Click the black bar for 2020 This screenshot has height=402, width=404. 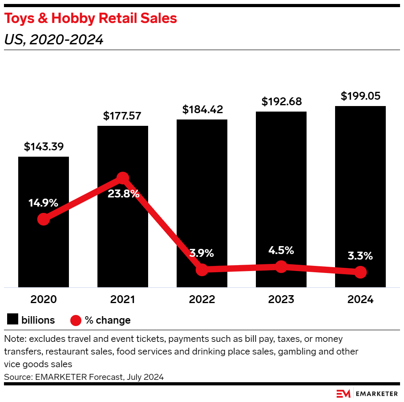pos(44,253)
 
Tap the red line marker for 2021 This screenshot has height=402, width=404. pos(123,178)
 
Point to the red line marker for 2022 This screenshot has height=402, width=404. pos(202,270)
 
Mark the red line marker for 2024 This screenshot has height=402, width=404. pos(360,272)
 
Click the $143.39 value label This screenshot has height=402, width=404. pos(44,147)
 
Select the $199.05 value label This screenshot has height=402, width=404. pos(360,96)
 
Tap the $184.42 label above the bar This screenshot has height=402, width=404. pos(202,110)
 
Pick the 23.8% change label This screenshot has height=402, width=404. pos(123,194)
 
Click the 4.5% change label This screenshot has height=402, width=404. pos(281,250)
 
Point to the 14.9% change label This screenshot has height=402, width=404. pos(43,203)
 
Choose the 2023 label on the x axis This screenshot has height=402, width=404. pos(281,300)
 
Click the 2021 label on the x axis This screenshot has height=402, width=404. pos(123,300)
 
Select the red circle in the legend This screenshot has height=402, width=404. pos(76,320)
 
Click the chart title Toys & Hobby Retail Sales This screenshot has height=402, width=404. pos(91,18)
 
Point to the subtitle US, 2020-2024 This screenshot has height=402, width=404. pos(54,40)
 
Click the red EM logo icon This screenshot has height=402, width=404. pos(343,394)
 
